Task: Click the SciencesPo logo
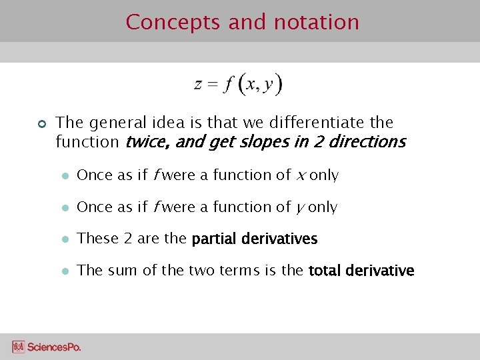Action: (x=46, y=347)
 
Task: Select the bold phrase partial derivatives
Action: (x=254, y=239)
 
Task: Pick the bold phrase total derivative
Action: (x=361, y=271)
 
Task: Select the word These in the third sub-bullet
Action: (x=95, y=238)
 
